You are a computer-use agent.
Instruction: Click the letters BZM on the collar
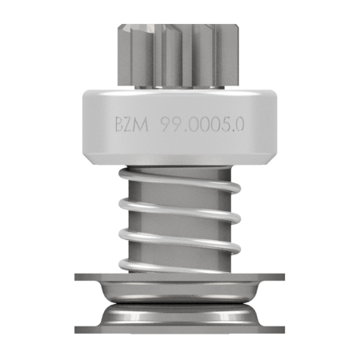coord(132,125)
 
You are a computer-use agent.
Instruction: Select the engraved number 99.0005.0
coord(202,125)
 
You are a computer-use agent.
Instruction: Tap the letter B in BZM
coord(119,125)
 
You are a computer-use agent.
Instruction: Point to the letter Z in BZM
coord(130,125)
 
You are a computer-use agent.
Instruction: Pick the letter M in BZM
coord(142,125)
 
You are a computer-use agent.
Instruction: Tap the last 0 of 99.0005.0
coord(239,125)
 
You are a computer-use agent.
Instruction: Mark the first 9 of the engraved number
coord(166,125)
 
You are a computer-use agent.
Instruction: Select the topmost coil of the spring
coord(179,179)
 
